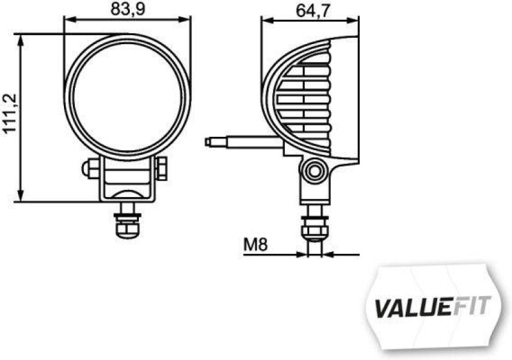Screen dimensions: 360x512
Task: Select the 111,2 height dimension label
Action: pos(10,113)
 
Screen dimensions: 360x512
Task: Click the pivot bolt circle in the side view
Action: pos(314,171)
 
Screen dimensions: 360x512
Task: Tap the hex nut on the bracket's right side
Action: pos(163,169)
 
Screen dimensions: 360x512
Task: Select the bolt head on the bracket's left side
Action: pos(90,169)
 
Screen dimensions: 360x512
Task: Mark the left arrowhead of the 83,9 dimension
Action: pos(68,20)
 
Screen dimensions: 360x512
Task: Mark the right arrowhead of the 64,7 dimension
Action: pos(353,20)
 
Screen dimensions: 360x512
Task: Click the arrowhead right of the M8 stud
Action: pos(327,254)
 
